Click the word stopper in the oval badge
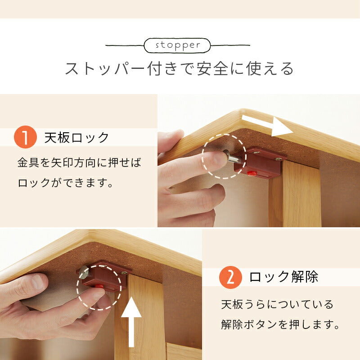(177, 45)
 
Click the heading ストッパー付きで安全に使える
(180, 69)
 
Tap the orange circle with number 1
(26, 138)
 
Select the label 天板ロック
(76, 138)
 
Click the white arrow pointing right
(268, 126)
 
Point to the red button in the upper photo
(252, 173)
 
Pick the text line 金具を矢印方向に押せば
(79, 162)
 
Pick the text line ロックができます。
(65, 183)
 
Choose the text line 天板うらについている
(277, 304)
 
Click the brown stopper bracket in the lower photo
(106, 275)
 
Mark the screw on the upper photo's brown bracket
(279, 158)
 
